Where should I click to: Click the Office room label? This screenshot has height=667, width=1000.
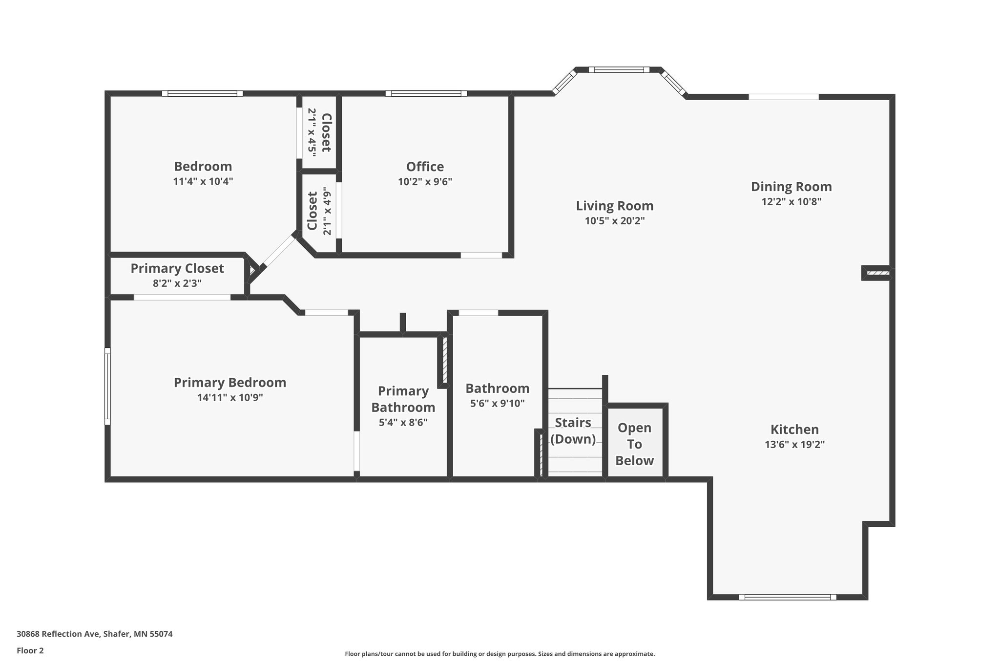click(425, 167)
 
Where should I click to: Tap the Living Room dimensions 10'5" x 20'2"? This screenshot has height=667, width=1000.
click(614, 221)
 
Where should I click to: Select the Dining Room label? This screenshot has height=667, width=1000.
click(791, 187)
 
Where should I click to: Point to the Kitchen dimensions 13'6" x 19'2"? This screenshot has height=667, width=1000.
click(794, 445)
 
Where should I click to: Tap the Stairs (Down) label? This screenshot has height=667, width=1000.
click(573, 430)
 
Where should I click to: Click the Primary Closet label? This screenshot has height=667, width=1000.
click(177, 268)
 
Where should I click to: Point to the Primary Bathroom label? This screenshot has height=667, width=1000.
click(403, 399)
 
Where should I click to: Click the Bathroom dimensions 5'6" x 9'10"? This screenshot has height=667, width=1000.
click(497, 404)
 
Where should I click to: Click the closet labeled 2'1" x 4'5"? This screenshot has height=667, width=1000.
click(320, 132)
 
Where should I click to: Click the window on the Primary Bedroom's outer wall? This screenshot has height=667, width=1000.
click(107, 386)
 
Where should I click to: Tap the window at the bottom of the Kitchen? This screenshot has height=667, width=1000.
click(787, 597)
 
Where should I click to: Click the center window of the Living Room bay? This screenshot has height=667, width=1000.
click(619, 70)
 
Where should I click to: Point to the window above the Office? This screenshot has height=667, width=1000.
click(426, 93)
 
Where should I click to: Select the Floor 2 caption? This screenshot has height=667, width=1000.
click(30, 650)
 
